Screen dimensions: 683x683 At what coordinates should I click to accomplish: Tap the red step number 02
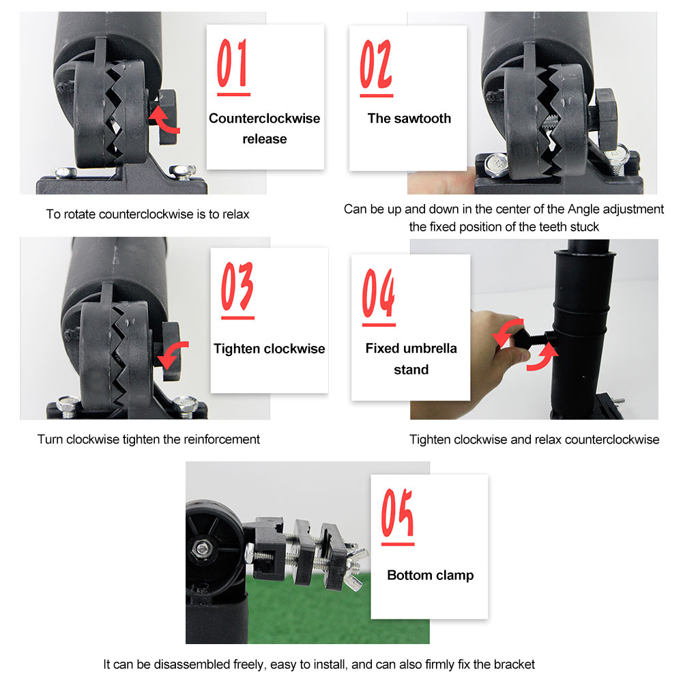[x=375, y=63]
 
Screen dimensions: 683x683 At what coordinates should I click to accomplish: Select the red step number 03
[x=237, y=286]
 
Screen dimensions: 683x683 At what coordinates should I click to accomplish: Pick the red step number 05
[x=397, y=512]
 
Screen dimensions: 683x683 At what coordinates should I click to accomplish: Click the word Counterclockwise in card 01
[x=265, y=119]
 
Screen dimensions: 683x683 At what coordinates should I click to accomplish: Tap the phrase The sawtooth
[x=409, y=119]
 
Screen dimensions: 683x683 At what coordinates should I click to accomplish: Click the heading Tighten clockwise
[x=270, y=349]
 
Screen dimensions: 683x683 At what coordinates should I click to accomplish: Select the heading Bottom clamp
[x=431, y=575]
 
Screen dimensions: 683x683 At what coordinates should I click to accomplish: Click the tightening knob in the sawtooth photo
[x=606, y=111]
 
